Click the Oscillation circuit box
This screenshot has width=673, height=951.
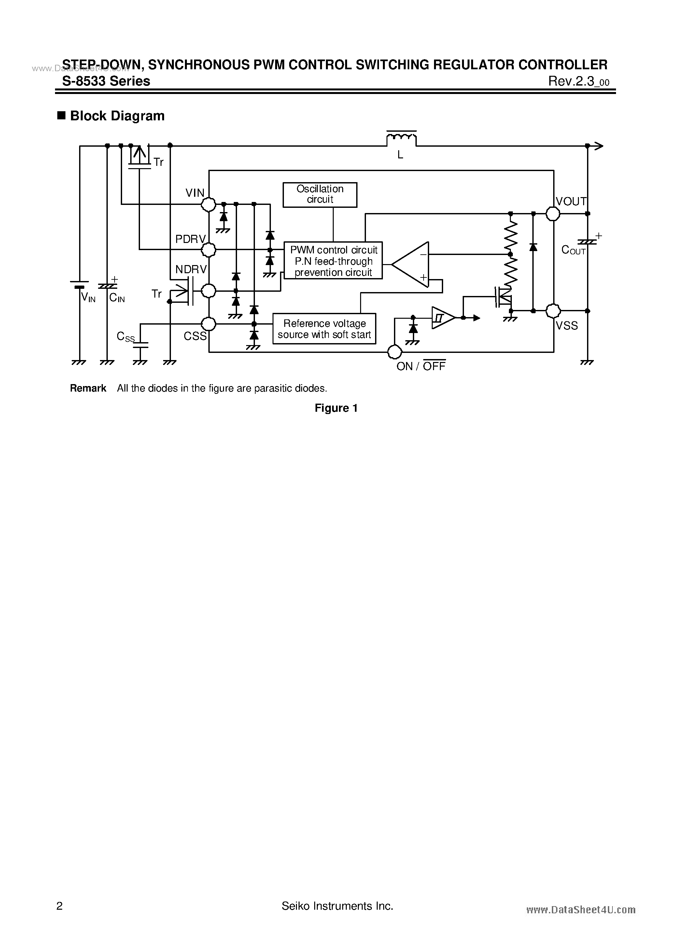320,195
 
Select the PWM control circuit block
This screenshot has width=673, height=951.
333,261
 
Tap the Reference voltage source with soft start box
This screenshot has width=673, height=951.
324,329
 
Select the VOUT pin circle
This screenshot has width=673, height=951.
553,214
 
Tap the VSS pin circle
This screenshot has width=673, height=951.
553,311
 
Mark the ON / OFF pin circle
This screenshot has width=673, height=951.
395,352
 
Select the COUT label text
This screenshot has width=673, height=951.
573,250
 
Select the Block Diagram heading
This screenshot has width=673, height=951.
117,116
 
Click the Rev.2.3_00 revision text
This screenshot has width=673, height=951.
579,82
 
